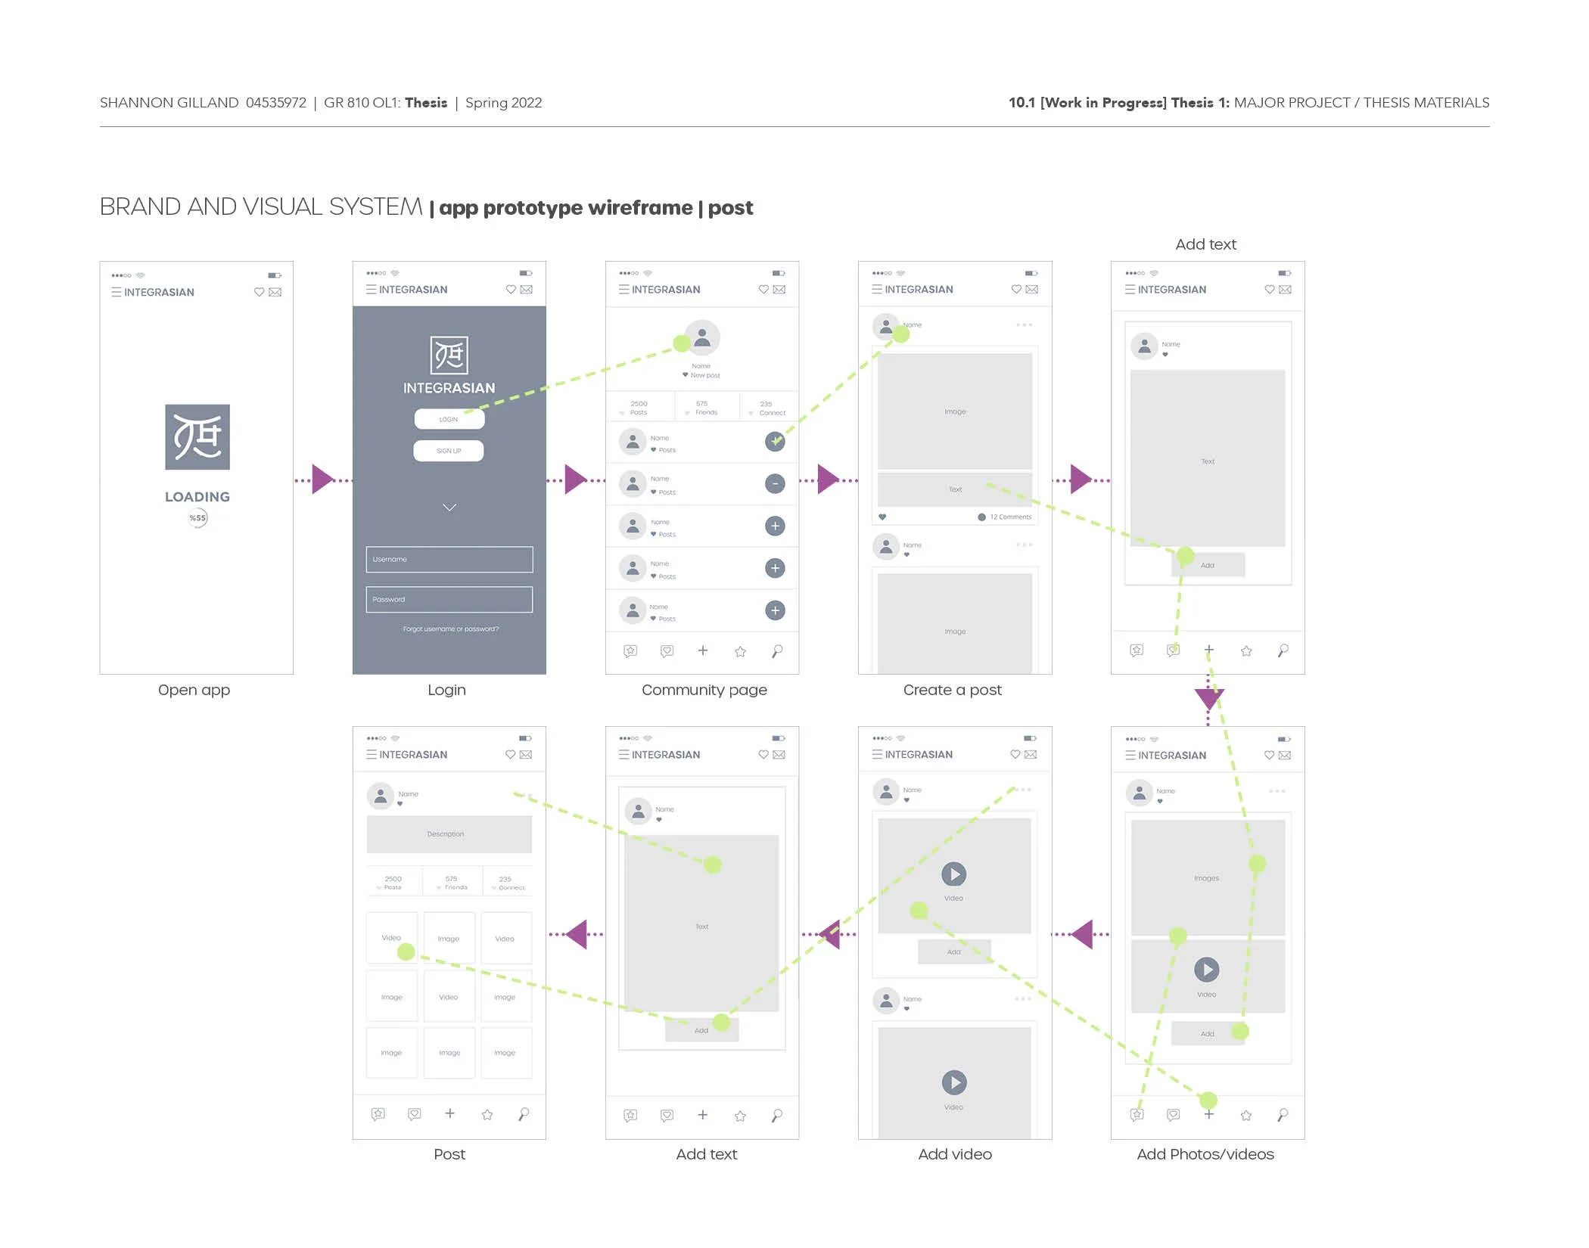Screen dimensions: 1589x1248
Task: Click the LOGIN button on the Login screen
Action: tap(449, 419)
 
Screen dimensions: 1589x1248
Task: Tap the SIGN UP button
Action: tap(449, 451)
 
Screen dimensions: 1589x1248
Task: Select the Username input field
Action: tap(449, 560)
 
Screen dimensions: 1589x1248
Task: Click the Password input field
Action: tap(449, 600)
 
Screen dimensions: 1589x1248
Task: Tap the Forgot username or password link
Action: tap(450, 629)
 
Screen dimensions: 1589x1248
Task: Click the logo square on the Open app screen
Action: tap(197, 437)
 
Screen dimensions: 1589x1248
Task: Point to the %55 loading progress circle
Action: tap(197, 518)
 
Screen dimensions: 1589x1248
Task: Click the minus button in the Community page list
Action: tap(775, 484)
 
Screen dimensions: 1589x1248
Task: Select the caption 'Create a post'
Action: tap(952, 690)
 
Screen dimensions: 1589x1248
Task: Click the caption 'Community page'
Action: tap(704, 690)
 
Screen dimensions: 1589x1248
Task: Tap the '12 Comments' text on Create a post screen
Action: tap(1010, 517)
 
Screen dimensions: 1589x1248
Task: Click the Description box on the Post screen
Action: tap(449, 834)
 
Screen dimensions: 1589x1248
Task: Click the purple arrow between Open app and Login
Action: tap(322, 480)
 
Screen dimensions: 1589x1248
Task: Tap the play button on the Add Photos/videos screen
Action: tap(1207, 970)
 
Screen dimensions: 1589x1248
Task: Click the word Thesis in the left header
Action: tap(426, 103)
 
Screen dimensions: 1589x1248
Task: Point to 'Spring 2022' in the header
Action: tap(503, 103)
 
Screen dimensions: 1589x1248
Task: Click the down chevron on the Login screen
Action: tap(449, 508)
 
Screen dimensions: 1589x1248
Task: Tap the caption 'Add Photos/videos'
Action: tap(1205, 1155)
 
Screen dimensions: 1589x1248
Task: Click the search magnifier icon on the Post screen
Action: tap(524, 1114)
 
